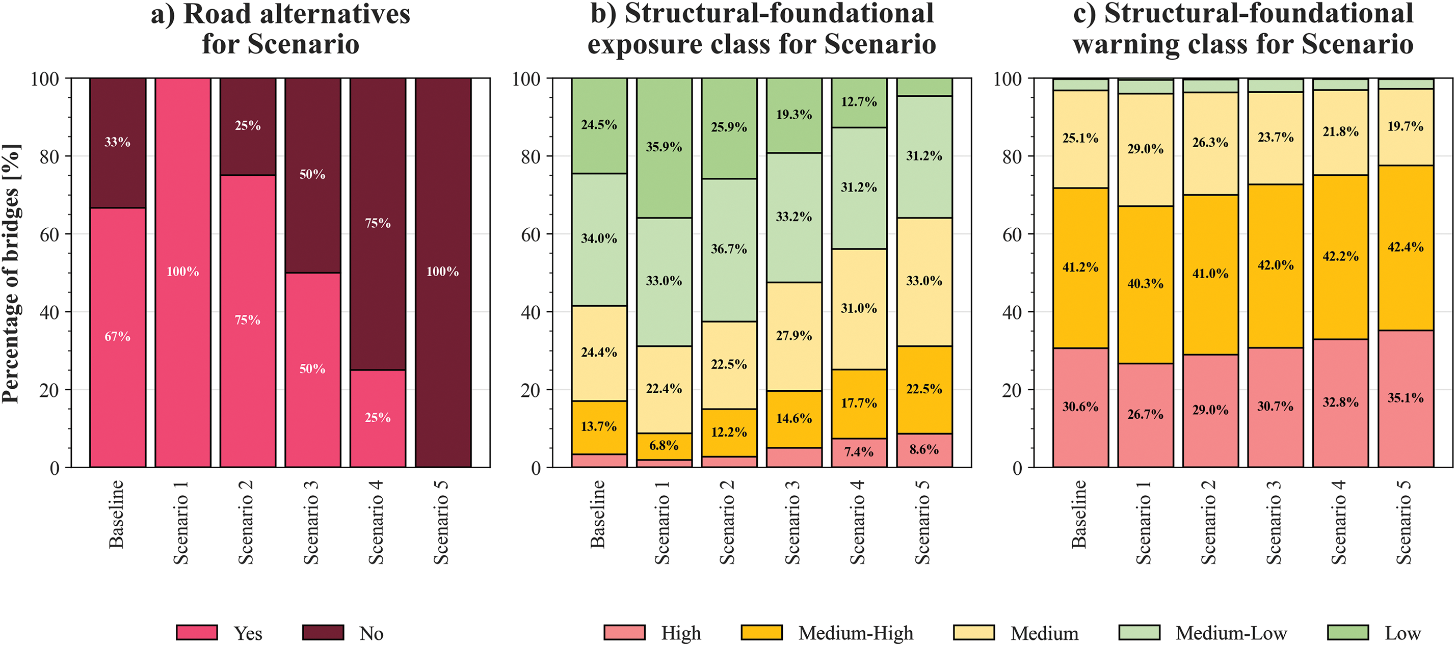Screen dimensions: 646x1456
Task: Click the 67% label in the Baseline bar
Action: pyautogui.click(x=118, y=337)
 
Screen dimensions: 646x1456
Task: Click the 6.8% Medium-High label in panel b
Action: pyautogui.click(x=664, y=445)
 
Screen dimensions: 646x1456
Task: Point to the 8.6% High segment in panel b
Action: pyautogui.click(x=924, y=450)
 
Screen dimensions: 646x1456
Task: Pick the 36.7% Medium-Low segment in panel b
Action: pyautogui.click(x=729, y=249)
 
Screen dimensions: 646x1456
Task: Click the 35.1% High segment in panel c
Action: pyautogui.click(x=1406, y=398)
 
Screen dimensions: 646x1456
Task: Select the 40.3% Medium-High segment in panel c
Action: pyautogui.click(x=1146, y=284)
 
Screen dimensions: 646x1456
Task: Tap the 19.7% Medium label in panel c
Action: pyautogui.click(x=1406, y=126)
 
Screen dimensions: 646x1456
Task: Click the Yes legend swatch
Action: pyautogui.click(x=197, y=632)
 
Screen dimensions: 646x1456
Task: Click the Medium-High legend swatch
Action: pyautogui.click(x=761, y=632)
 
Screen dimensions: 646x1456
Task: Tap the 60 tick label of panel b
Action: pyautogui.click(x=531, y=234)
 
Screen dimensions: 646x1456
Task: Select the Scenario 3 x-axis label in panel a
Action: pyautogui.click(x=311, y=522)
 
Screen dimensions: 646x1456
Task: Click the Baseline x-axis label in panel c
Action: pyautogui.click(x=1079, y=515)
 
